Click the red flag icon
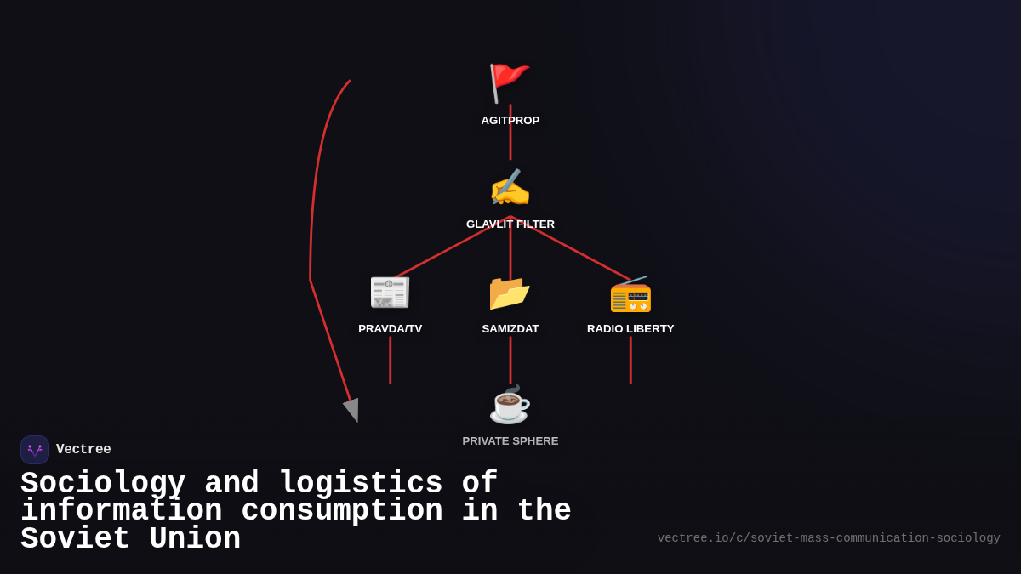tap(509, 82)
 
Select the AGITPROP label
tap(510, 121)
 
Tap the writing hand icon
tap(510, 188)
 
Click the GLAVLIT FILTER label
tap(510, 224)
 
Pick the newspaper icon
tap(390, 292)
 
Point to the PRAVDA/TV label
tap(390, 329)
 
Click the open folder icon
tap(510, 293)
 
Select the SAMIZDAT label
tap(510, 329)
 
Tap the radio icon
tap(630, 294)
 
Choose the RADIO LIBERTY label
tap(630, 329)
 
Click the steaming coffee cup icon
tap(510, 405)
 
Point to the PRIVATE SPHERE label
tap(510, 441)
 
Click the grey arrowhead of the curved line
tap(352, 410)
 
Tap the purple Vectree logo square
tap(35, 450)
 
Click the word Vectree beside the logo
tap(83, 450)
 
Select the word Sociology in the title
tap(103, 484)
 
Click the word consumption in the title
tap(342, 511)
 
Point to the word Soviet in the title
tap(75, 539)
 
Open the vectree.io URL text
tap(829, 538)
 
